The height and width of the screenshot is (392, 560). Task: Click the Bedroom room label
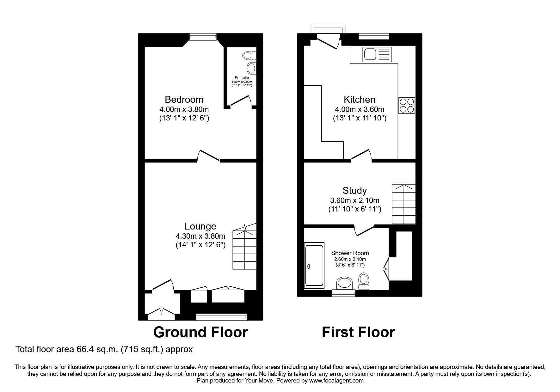click(184, 100)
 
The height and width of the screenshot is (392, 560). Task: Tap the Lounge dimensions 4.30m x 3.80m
click(200, 236)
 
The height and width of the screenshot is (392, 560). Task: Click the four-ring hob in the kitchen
click(407, 106)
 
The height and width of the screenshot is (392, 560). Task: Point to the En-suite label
click(242, 78)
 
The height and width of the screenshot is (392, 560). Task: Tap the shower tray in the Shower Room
click(314, 266)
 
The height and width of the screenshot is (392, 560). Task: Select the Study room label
click(354, 191)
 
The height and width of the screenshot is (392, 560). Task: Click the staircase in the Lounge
click(244, 250)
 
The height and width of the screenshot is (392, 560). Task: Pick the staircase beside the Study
click(403, 204)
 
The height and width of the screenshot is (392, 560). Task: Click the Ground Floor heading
click(200, 333)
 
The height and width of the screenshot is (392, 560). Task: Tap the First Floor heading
click(358, 333)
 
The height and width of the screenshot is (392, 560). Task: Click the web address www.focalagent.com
click(336, 381)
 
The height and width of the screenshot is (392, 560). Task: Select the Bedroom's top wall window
click(203, 37)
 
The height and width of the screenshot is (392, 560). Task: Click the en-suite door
click(240, 101)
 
